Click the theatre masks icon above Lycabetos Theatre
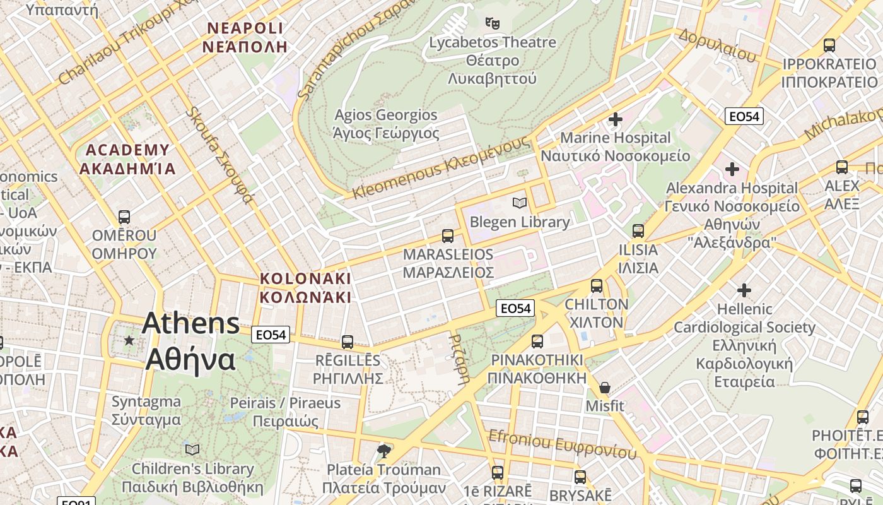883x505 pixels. click(493, 24)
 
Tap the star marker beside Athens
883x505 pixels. click(129, 340)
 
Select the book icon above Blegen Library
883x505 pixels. click(520, 203)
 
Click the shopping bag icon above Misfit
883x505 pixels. click(605, 387)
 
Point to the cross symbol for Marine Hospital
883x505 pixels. click(615, 119)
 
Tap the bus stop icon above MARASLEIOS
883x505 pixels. click(448, 236)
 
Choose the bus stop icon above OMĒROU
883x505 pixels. click(124, 217)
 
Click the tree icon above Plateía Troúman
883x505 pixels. click(383, 451)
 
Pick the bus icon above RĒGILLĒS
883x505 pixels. click(348, 342)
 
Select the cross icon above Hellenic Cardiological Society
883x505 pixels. click(744, 290)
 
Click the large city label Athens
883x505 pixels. click(190, 324)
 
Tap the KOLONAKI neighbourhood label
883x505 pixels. click(305, 278)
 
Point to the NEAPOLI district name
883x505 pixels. click(245, 28)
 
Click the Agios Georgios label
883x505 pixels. click(385, 115)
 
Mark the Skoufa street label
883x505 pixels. click(220, 155)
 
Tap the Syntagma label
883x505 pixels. click(146, 401)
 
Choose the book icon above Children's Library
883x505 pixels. click(192, 449)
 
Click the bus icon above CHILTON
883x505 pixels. click(597, 286)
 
